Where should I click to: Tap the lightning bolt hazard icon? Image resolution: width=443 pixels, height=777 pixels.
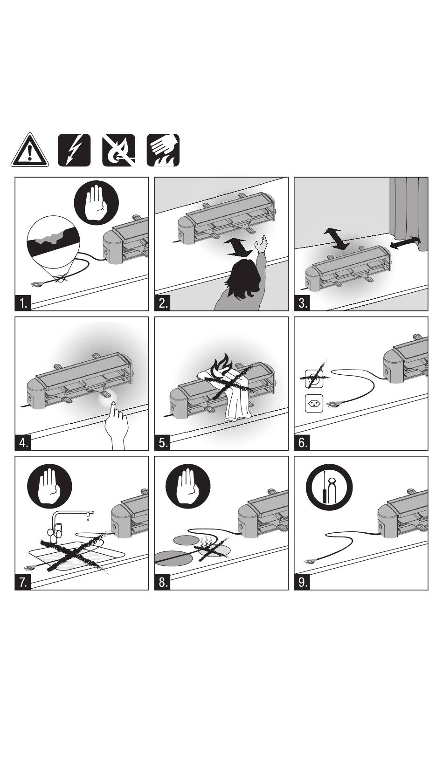pyautogui.click(x=74, y=150)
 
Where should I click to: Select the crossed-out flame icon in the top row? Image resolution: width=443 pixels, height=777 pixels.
pyautogui.click(x=118, y=150)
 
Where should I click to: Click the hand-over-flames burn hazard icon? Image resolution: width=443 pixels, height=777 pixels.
pyautogui.click(x=163, y=150)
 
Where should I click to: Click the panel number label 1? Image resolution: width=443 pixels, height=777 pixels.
pyautogui.click(x=23, y=303)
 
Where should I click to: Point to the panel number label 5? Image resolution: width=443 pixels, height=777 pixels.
pyautogui.click(x=163, y=443)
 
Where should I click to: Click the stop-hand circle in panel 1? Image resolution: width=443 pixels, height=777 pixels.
pyautogui.click(x=97, y=202)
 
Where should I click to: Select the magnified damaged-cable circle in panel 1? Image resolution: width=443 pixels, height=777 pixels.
pyautogui.click(x=54, y=242)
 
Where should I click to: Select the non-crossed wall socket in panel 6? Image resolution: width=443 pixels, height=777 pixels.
pyautogui.click(x=314, y=404)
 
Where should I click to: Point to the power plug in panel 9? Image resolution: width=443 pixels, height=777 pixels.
pyautogui.click(x=311, y=561)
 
